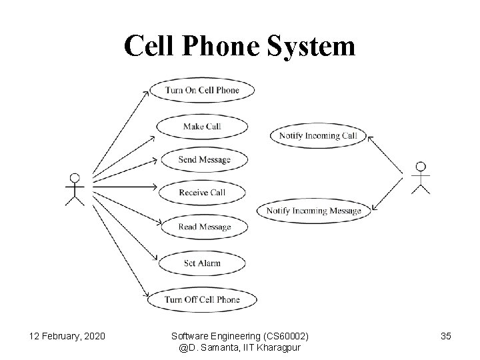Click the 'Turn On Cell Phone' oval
tap(202, 90)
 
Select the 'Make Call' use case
tap(201, 126)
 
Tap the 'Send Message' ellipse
tap(203, 160)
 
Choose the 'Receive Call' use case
tap(201, 193)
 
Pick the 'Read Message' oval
tap(204, 227)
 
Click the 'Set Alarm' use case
tap(202, 263)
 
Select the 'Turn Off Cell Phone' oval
tap(201, 299)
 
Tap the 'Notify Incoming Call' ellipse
tap(318, 135)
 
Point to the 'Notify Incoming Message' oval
tap(313, 211)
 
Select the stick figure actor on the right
tap(420, 177)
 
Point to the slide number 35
tap(445, 335)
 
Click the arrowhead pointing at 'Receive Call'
tap(153, 187)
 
